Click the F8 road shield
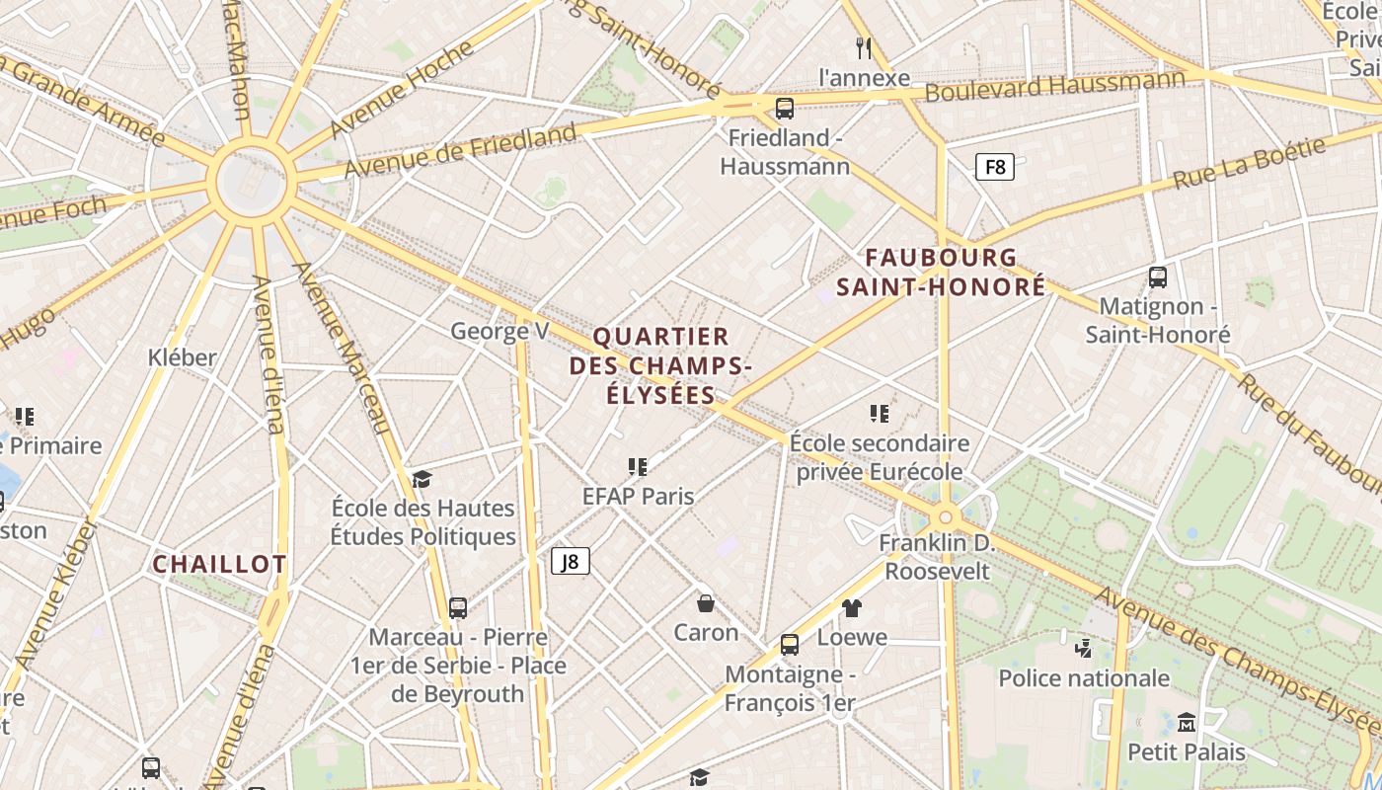995,167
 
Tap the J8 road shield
571,562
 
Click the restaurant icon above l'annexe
865,47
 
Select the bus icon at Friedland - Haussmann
785,109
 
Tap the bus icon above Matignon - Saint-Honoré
1158,277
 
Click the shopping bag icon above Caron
706,602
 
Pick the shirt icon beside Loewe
852,608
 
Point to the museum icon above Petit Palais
1187,723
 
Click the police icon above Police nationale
1084,649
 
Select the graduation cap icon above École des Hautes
422,479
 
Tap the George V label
499,331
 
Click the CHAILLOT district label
219,565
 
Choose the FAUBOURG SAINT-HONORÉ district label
941,272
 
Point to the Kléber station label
182,356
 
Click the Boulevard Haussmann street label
1055,86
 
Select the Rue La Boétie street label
1250,163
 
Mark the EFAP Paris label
638,496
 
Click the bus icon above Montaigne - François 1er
790,645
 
